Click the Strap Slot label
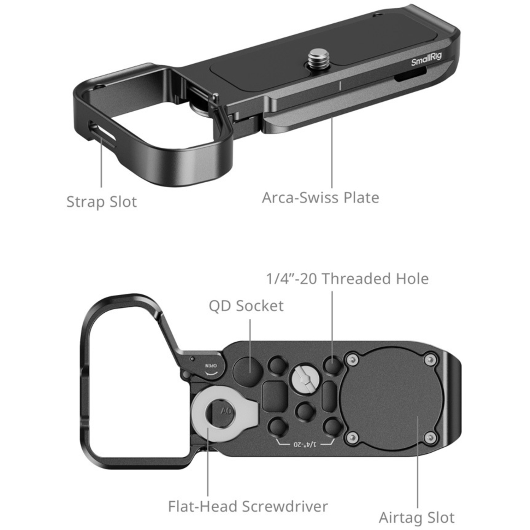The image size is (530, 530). tap(101, 202)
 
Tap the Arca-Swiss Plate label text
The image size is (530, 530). tap(320, 198)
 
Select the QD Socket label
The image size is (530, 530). tap(246, 306)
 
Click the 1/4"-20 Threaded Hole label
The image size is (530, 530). tap(347, 279)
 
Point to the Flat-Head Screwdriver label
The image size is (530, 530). tap(248, 506)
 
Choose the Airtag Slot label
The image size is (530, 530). tap(417, 518)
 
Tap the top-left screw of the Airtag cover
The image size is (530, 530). tap(352, 360)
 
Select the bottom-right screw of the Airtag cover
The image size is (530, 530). tap(430, 438)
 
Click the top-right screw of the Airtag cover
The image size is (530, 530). tap(430, 360)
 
